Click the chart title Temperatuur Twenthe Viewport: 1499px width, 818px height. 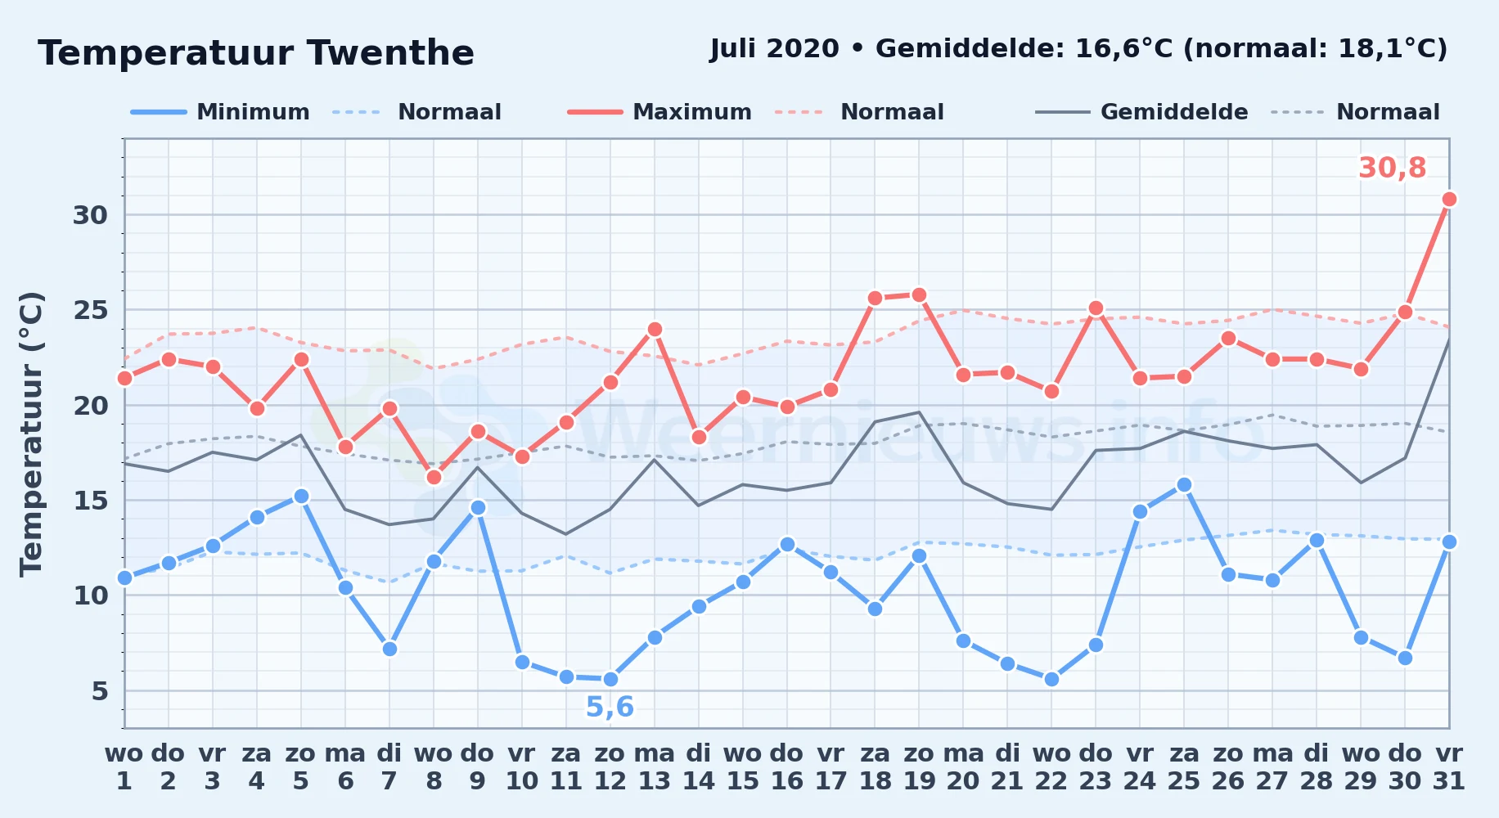pos(256,54)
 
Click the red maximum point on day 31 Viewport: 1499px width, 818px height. pos(1449,200)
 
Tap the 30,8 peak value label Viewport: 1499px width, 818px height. pos(1392,168)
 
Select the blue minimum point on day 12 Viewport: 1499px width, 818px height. pos(610,679)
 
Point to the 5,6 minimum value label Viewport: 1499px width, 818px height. pos(610,707)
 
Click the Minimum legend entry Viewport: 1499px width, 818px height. pos(220,112)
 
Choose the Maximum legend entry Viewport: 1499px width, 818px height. pos(659,112)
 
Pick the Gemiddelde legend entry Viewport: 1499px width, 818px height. pos(1141,112)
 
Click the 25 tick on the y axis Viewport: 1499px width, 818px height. pos(91,310)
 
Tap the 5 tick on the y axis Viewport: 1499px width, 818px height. pos(100,691)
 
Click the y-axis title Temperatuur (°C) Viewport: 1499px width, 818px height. pos(31,434)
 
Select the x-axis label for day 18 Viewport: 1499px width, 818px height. pos(875,766)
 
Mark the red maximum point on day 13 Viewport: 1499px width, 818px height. pos(655,330)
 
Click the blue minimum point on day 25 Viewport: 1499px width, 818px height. pos(1184,485)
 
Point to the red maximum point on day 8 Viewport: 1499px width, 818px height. pos(434,477)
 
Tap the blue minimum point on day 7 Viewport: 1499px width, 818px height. pos(389,649)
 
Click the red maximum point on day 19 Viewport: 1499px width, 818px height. pos(919,294)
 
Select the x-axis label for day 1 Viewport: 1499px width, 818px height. pos(124,766)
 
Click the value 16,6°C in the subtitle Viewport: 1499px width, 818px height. pos(1124,49)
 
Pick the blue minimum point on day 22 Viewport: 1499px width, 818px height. pos(1051,679)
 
